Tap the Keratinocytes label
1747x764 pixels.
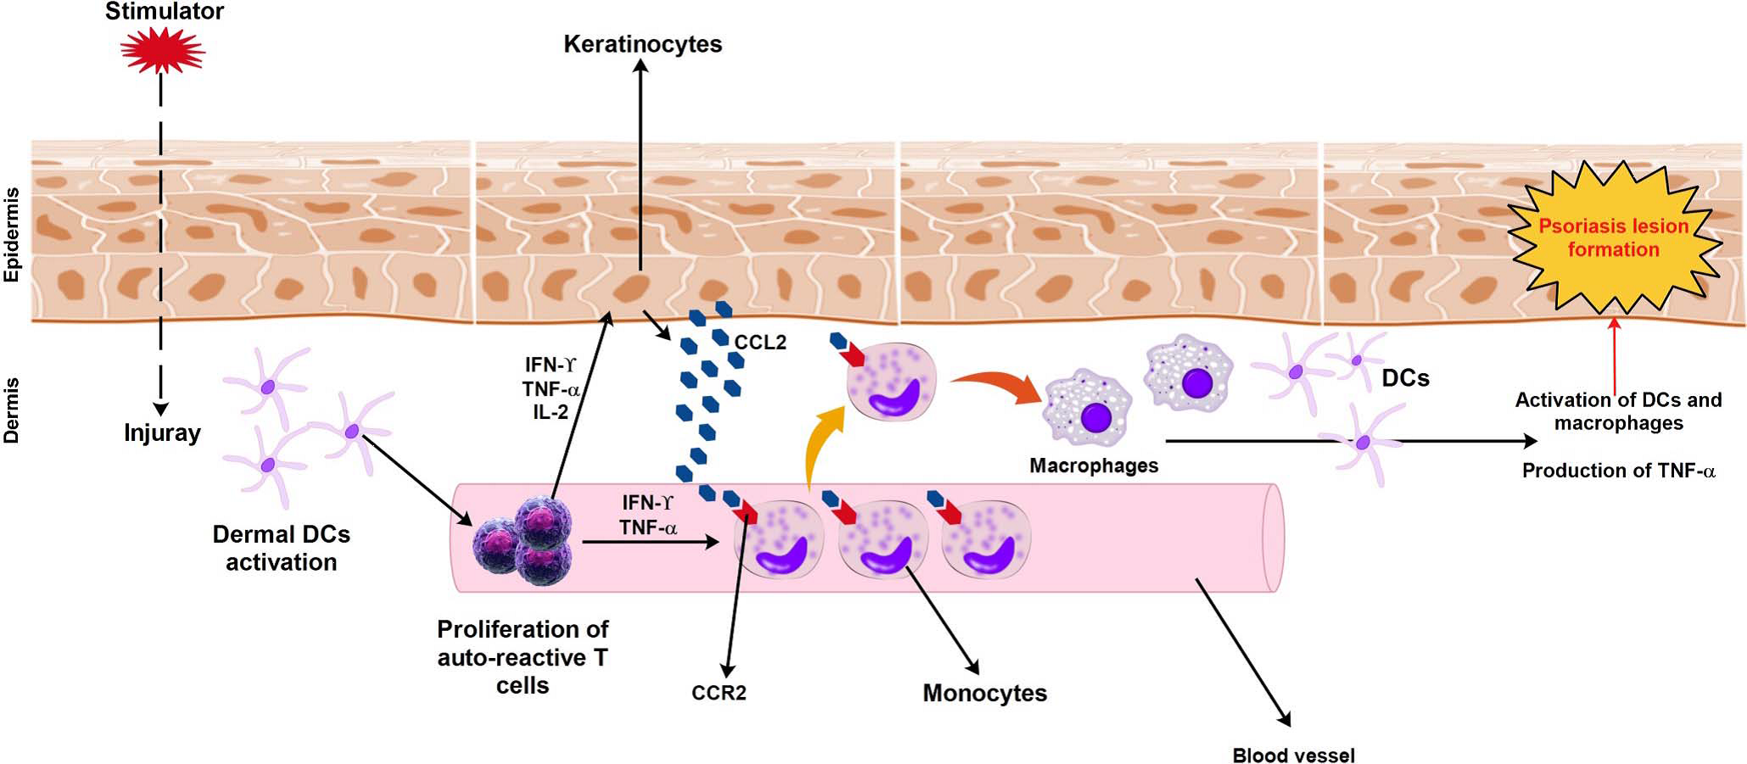pyautogui.click(x=642, y=44)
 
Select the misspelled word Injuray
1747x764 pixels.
pyautogui.click(x=162, y=433)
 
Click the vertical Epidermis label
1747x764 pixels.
pyautogui.click(x=12, y=235)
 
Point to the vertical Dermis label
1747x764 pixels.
pyautogui.click(x=12, y=411)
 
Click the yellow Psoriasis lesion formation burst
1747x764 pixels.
pyautogui.click(x=1613, y=237)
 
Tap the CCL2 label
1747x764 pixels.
pyautogui.click(x=760, y=343)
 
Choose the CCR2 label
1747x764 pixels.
pyautogui.click(x=718, y=693)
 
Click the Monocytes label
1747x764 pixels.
pyautogui.click(x=984, y=693)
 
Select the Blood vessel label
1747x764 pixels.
pyautogui.click(x=1292, y=755)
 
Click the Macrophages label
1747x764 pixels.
pyautogui.click(x=1093, y=466)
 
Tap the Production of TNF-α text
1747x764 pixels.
pyautogui.click(x=1618, y=471)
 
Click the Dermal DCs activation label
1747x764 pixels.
pyautogui.click(x=281, y=548)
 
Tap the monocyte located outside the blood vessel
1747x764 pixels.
pyautogui.click(x=891, y=382)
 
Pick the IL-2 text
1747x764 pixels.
pyautogui.click(x=550, y=413)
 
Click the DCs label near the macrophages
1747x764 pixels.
pyautogui.click(x=1405, y=378)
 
